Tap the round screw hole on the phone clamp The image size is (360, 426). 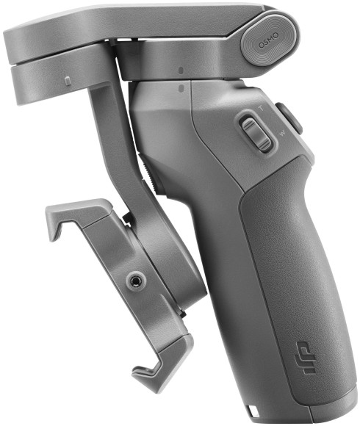(x=135, y=280)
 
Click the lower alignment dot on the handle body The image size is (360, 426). (x=181, y=89)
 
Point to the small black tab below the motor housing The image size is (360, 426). (x=181, y=314)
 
